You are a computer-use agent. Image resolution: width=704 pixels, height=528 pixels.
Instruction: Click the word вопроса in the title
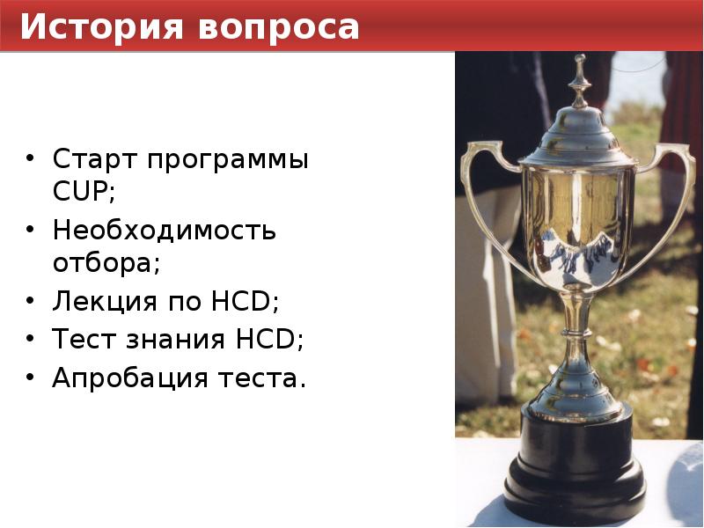pyautogui.click(x=279, y=27)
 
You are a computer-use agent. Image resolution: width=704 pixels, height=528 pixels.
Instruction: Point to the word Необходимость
pyautogui.click(x=164, y=231)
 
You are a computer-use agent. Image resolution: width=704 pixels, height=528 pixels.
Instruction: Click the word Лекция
pyautogui.click(x=104, y=302)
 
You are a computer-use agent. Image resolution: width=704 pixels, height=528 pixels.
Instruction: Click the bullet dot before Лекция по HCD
pyautogui.click(x=32, y=303)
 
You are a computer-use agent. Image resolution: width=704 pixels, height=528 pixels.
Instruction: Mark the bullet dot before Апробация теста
pyautogui.click(x=32, y=378)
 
